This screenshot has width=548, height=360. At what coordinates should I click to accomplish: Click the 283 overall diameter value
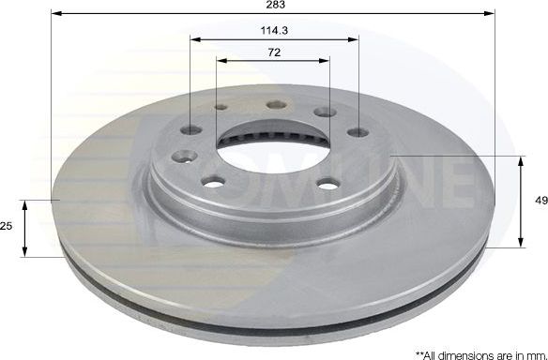click(x=273, y=6)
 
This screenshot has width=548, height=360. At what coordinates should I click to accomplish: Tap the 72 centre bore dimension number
click(x=273, y=52)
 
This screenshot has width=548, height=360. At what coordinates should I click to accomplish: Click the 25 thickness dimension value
click(x=8, y=227)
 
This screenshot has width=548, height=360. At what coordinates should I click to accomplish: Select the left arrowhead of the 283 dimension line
click(x=54, y=14)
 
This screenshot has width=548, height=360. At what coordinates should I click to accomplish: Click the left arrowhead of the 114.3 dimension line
click(x=193, y=38)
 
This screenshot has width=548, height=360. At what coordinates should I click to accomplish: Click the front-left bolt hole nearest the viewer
click(x=215, y=181)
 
